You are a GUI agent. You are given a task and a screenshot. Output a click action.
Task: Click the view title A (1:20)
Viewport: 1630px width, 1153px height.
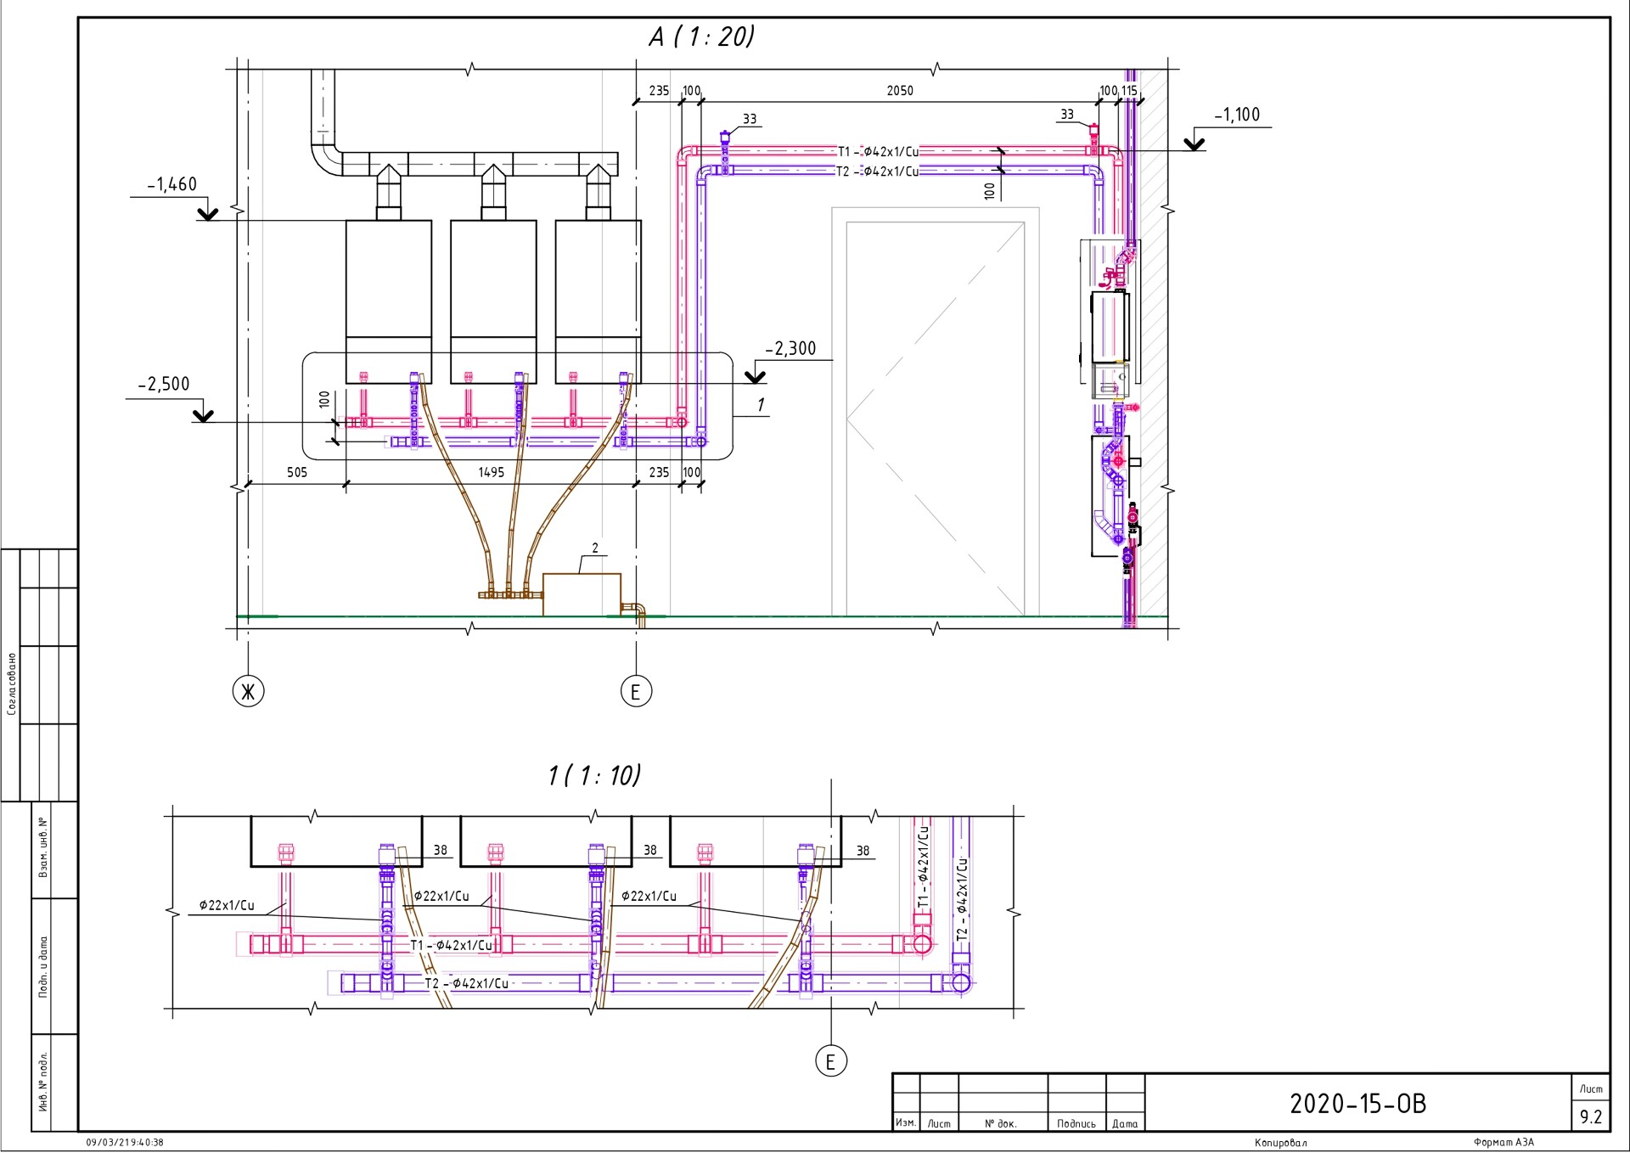[x=701, y=37]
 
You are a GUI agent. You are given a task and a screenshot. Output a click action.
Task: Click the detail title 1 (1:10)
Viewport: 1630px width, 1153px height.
[x=594, y=775]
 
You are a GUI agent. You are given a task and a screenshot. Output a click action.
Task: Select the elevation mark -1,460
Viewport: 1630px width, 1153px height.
[x=172, y=184]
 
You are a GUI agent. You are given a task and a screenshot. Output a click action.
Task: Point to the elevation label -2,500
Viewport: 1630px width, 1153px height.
[x=164, y=384]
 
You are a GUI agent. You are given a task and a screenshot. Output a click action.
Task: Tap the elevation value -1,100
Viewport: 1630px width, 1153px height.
[x=1237, y=115]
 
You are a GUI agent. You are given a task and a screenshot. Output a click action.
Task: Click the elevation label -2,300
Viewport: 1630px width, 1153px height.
[x=790, y=348]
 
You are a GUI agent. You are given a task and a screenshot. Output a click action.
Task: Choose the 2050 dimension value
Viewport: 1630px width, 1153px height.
[x=900, y=91]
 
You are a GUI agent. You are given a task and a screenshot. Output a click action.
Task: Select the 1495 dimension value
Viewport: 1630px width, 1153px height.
[x=491, y=472]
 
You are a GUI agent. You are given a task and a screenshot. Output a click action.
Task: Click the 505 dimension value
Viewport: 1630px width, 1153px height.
[x=297, y=472]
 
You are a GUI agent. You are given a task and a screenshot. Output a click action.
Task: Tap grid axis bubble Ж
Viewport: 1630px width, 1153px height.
[x=248, y=692]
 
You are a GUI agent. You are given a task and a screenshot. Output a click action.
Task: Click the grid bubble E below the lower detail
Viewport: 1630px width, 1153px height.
[x=830, y=1060]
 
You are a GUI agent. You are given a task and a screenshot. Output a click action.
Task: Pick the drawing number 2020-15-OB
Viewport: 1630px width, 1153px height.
[x=1357, y=1103]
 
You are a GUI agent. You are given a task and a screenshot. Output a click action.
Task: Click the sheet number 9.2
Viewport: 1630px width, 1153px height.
[x=1591, y=1117]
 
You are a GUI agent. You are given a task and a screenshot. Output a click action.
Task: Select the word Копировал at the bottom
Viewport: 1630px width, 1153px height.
[x=1280, y=1143]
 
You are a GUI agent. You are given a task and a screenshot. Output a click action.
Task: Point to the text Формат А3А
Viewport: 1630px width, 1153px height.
[x=1504, y=1143]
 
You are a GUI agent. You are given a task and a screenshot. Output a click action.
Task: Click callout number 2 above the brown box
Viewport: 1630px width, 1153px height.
[x=595, y=548]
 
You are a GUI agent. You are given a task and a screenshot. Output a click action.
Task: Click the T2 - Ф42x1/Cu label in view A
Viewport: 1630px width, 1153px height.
[x=877, y=172]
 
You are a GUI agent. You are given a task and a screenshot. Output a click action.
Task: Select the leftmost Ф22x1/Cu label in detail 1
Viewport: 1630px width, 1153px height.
[x=227, y=905]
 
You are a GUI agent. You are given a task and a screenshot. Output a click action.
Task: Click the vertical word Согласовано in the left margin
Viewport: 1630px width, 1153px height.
[x=12, y=683]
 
